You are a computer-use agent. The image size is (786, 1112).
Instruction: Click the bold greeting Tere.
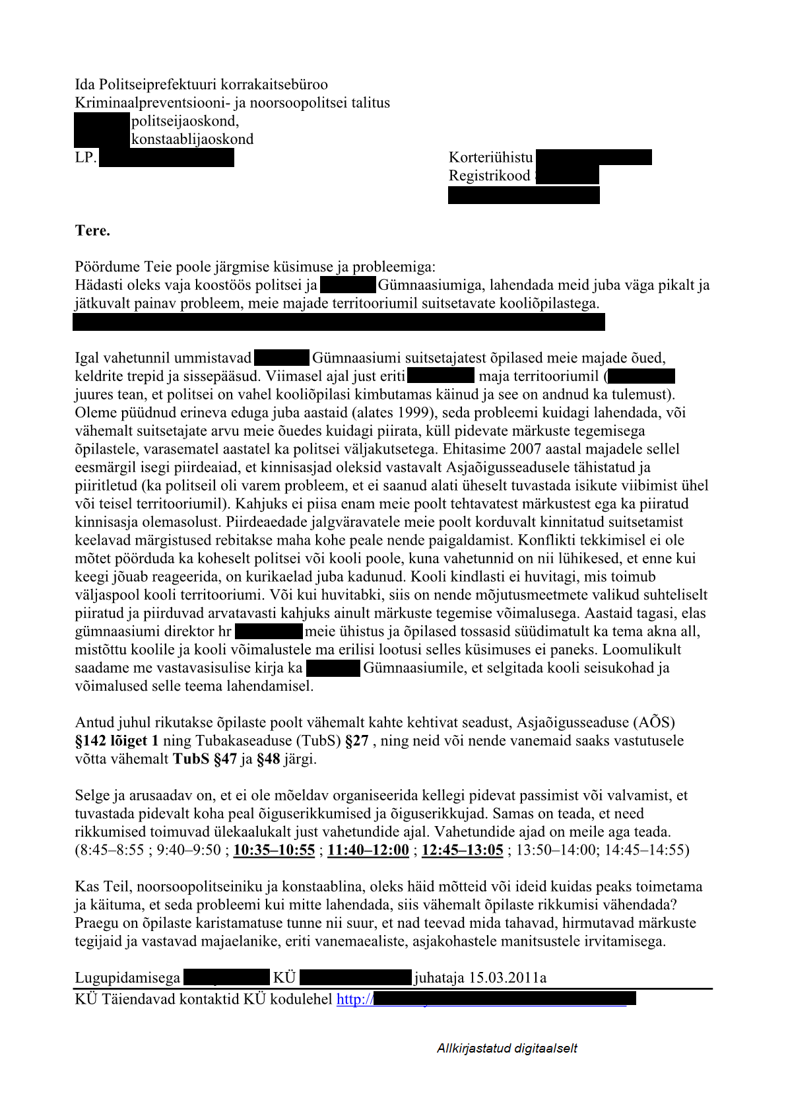point(92,230)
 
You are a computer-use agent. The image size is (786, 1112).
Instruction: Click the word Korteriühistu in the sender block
point(490,157)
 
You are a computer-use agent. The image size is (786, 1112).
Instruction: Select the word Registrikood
point(489,176)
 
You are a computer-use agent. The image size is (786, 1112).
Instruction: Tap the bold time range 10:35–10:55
point(274,850)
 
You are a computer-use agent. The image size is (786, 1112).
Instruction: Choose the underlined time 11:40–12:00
point(368,850)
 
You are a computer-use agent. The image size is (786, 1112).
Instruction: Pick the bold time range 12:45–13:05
point(462,850)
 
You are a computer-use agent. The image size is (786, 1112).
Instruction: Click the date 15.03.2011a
point(508,977)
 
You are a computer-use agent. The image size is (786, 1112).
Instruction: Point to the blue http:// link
point(355,999)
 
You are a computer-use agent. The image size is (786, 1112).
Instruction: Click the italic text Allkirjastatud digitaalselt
point(507,1049)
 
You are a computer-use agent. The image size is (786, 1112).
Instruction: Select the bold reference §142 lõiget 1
point(117,741)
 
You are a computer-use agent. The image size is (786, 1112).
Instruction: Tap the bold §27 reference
point(356,741)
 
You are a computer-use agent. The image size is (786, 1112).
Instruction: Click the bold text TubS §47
point(205,759)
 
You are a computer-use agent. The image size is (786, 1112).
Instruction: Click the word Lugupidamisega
point(127,977)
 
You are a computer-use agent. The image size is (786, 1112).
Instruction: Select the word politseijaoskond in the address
point(185,121)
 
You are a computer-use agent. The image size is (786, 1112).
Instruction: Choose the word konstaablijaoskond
point(192,139)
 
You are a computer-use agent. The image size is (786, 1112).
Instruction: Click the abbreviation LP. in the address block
point(86,158)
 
